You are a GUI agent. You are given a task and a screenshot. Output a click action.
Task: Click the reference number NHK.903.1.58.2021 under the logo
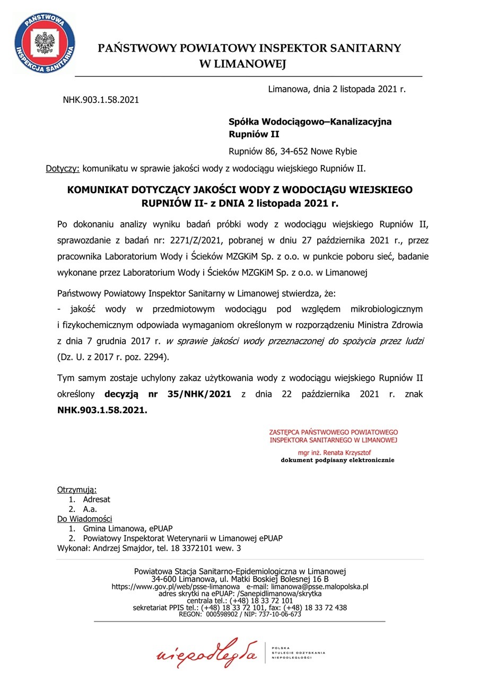click(x=101, y=99)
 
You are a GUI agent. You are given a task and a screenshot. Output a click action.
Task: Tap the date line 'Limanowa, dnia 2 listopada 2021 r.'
click(x=337, y=89)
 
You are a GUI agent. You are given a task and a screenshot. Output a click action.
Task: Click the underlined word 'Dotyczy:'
click(x=63, y=169)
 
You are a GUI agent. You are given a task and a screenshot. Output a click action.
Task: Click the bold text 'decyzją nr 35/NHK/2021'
click(x=168, y=394)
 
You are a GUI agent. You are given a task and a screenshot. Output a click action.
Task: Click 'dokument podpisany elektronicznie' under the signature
click(x=337, y=460)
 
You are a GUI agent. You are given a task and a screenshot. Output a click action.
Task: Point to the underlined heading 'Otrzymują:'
click(x=77, y=490)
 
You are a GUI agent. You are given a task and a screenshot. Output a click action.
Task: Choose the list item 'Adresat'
click(x=97, y=499)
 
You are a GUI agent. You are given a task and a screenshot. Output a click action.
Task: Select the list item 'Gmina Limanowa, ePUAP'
click(x=127, y=528)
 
